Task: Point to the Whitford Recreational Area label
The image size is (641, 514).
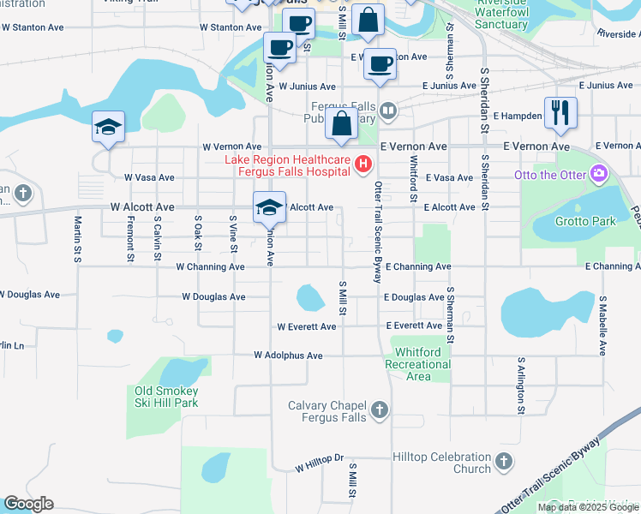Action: click(x=418, y=364)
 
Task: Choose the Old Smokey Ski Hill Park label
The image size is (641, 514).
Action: click(x=166, y=397)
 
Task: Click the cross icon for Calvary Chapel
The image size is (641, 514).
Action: click(x=380, y=412)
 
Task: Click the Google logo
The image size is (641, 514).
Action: click(x=28, y=504)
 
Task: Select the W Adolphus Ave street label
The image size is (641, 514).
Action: click(x=288, y=356)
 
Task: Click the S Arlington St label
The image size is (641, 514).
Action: click(x=520, y=386)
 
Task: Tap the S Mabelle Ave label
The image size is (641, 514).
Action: click(x=603, y=326)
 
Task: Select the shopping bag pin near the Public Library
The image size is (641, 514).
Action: click(x=341, y=124)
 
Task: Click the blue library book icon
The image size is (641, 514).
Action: click(x=388, y=110)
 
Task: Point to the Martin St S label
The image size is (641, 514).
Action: click(x=77, y=239)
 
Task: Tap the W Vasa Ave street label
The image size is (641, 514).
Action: click(x=149, y=177)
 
